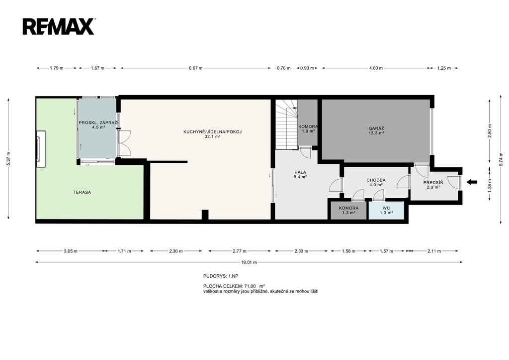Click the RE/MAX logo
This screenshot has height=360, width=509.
(59, 26)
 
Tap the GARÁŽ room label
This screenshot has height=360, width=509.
(376, 128)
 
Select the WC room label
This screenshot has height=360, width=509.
(386, 208)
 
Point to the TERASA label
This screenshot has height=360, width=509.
(82, 192)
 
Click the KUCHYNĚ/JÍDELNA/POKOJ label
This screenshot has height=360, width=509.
(213, 132)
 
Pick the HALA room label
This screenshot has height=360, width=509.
(300, 172)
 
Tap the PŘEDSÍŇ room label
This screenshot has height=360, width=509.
(433, 183)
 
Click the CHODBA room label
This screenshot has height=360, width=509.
(376, 180)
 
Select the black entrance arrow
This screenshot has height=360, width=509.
(472, 182)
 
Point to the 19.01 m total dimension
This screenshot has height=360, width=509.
(249, 262)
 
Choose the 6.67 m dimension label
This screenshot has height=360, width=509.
(196, 68)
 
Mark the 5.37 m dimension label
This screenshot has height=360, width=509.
(9, 159)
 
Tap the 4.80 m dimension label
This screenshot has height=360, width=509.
(376, 68)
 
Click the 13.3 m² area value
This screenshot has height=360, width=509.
(376, 133)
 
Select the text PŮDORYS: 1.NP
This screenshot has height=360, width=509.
(221, 276)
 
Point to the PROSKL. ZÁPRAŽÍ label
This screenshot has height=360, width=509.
(99, 122)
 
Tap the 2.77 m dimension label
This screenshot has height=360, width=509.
(240, 251)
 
